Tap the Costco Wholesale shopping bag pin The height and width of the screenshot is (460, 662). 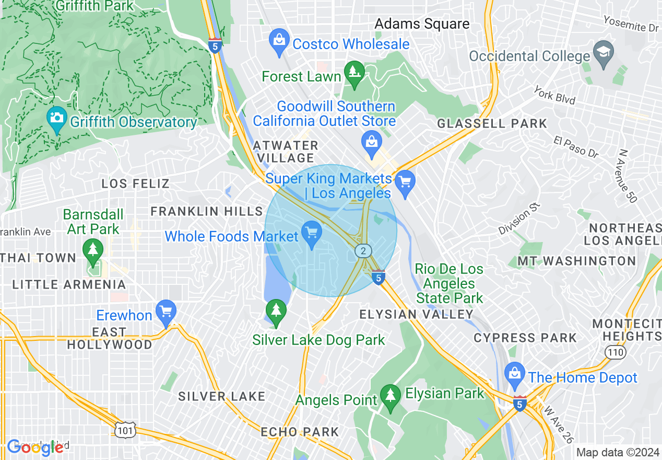pos(279,40)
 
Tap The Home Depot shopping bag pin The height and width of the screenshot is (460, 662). pos(515,374)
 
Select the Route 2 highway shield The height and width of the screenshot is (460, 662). pos(363,251)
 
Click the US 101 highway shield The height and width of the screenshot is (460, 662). pos(126,430)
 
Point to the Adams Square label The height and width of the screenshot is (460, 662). pos(422,24)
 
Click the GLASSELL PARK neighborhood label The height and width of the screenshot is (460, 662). pos(492,124)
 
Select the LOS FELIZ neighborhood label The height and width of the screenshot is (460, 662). pos(135,183)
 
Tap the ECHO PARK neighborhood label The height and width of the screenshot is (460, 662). pos(300,432)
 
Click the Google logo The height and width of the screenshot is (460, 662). pos(36,447)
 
